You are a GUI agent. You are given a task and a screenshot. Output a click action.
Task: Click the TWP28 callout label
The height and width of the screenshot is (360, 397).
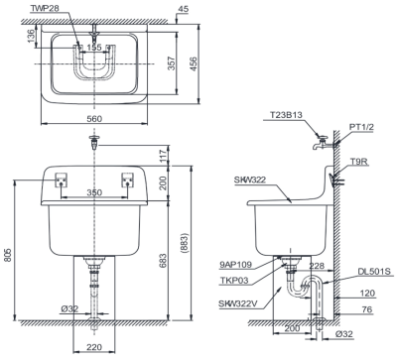45,9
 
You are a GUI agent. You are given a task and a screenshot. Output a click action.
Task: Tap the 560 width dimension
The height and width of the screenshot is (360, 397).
94,118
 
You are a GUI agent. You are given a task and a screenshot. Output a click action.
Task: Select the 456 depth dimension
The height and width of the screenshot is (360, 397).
194,63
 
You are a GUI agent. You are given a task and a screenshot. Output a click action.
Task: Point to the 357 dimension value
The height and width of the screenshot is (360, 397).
171,62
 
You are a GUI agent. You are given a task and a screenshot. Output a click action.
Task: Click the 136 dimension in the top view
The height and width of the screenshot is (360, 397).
31,36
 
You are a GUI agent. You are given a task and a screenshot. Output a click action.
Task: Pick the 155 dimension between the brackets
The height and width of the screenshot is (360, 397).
94,48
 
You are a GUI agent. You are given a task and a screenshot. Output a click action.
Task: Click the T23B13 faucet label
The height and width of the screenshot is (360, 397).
286,115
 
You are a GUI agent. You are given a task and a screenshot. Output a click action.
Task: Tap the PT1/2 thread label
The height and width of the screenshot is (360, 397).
361,127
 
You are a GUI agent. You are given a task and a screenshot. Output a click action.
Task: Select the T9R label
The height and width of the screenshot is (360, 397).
360,162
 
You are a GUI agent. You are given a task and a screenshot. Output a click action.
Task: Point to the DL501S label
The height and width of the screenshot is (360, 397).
374,272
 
